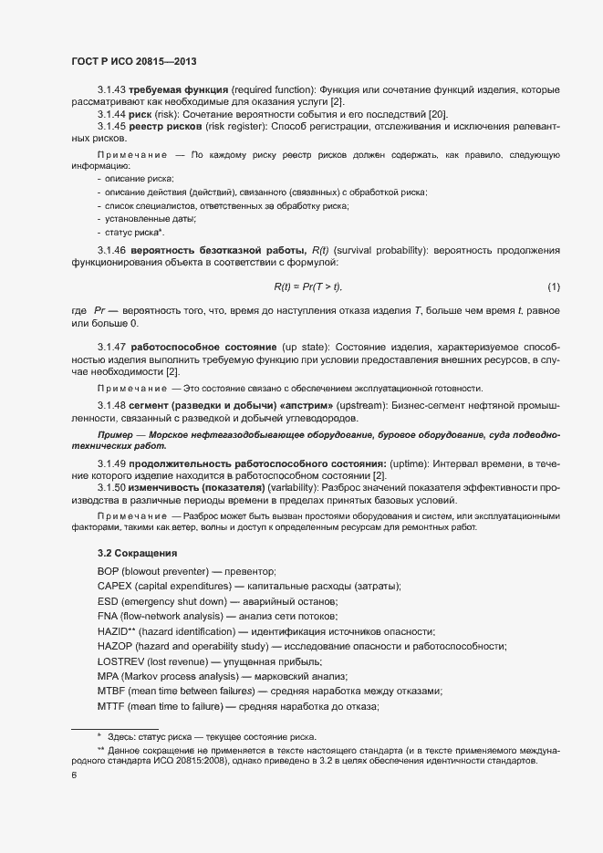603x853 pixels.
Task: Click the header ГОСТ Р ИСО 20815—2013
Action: coord(134,62)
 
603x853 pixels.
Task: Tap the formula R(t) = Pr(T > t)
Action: coord(307,287)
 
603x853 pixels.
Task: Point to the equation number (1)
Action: coord(554,287)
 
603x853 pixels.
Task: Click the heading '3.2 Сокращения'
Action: coord(137,553)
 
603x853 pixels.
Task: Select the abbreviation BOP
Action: coord(108,571)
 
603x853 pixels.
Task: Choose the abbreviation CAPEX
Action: coord(114,586)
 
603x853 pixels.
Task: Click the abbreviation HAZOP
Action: coord(115,647)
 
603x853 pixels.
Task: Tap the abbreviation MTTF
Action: coord(110,707)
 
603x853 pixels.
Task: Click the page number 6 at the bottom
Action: coord(74,775)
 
